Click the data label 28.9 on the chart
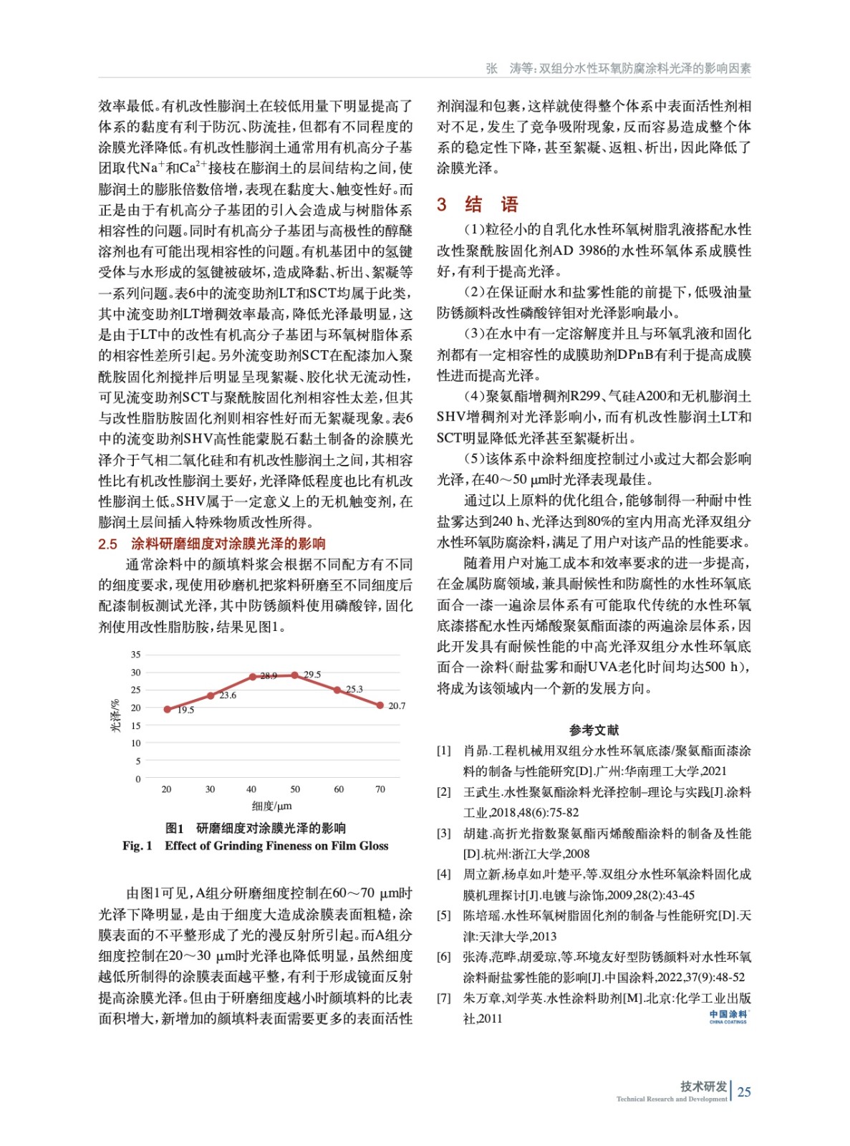pyautogui.click(x=269, y=675)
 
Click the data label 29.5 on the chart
pyautogui.click(x=312, y=674)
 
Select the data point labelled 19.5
pyautogui.click(x=168, y=709)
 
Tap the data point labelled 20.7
pyautogui.click(x=380, y=705)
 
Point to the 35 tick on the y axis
pyautogui.click(x=136, y=654)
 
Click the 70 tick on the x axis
pyautogui.click(x=380, y=789)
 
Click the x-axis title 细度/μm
pyautogui.click(x=271, y=806)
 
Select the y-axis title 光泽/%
pyautogui.click(x=115, y=716)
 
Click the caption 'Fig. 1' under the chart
pyautogui.click(x=137, y=846)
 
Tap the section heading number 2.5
pyautogui.click(x=107, y=544)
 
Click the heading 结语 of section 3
pyautogui.click(x=491, y=204)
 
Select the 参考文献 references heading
pyautogui.click(x=594, y=730)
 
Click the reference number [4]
pyautogui.click(x=444, y=874)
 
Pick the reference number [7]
pyautogui.click(x=444, y=998)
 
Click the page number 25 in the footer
pyautogui.click(x=744, y=1092)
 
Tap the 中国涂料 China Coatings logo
pyautogui.click(x=728, y=1016)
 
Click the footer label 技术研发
pyautogui.click(x=703, y=1086)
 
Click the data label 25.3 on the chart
pyautogui.click(x=354, y=689)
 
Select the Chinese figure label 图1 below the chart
pyautogui.click(x=175, y=828)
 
